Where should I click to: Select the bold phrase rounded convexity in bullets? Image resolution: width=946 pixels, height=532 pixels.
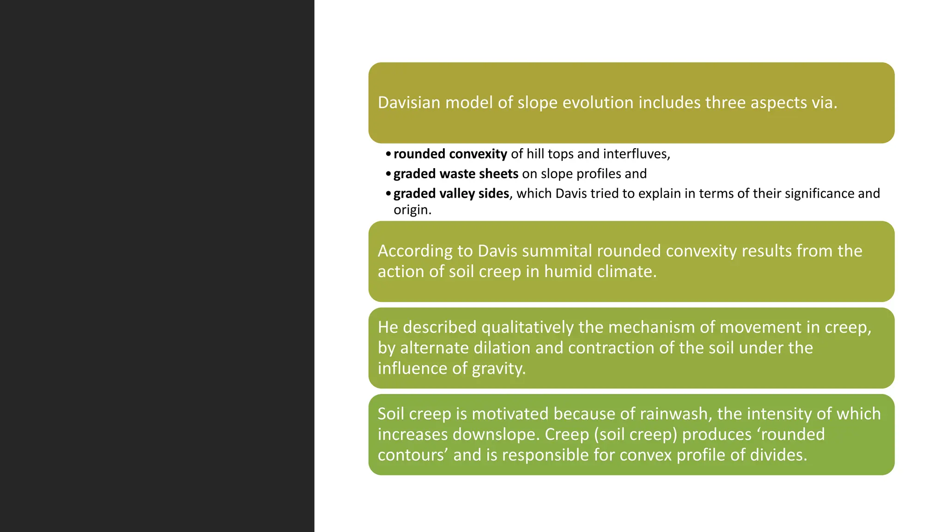click(x=450, y=154)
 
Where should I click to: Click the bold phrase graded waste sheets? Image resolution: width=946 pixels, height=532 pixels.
click(x=455, y=174)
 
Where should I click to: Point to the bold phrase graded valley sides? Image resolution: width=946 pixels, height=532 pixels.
click(x=451, y=193)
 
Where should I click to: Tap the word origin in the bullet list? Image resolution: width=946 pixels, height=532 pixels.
click(x=412, y=210)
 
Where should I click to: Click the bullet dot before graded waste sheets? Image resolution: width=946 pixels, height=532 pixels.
click(x=388, y=174)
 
